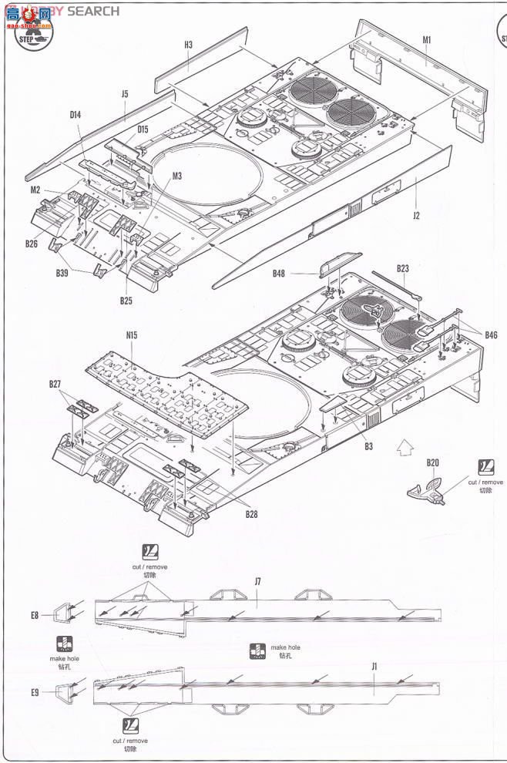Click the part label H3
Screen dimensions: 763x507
pyautogui.click(x=189, y=45)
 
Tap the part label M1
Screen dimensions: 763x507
pyautogui.click(x=427, y=39)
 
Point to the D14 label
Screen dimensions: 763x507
pyautogui.click(x=76, y=115)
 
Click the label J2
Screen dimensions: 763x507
pyautogui.click(x=416, y=216)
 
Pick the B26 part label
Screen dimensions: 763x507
pyautogui.click(x=31, y=244)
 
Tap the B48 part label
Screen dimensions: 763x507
pyautogui.click(x=278, y=273)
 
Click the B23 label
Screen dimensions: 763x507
pyautogui.click(x=403, y=268)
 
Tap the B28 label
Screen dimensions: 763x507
pyautogui.click(x=253, y=514)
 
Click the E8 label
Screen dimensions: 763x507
pyautogui.click(x=35, y=615)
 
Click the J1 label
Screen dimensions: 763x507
pyautogui.click(x=374, y=666)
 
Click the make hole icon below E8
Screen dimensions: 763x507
pyautogui.click(x=64, y=644)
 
